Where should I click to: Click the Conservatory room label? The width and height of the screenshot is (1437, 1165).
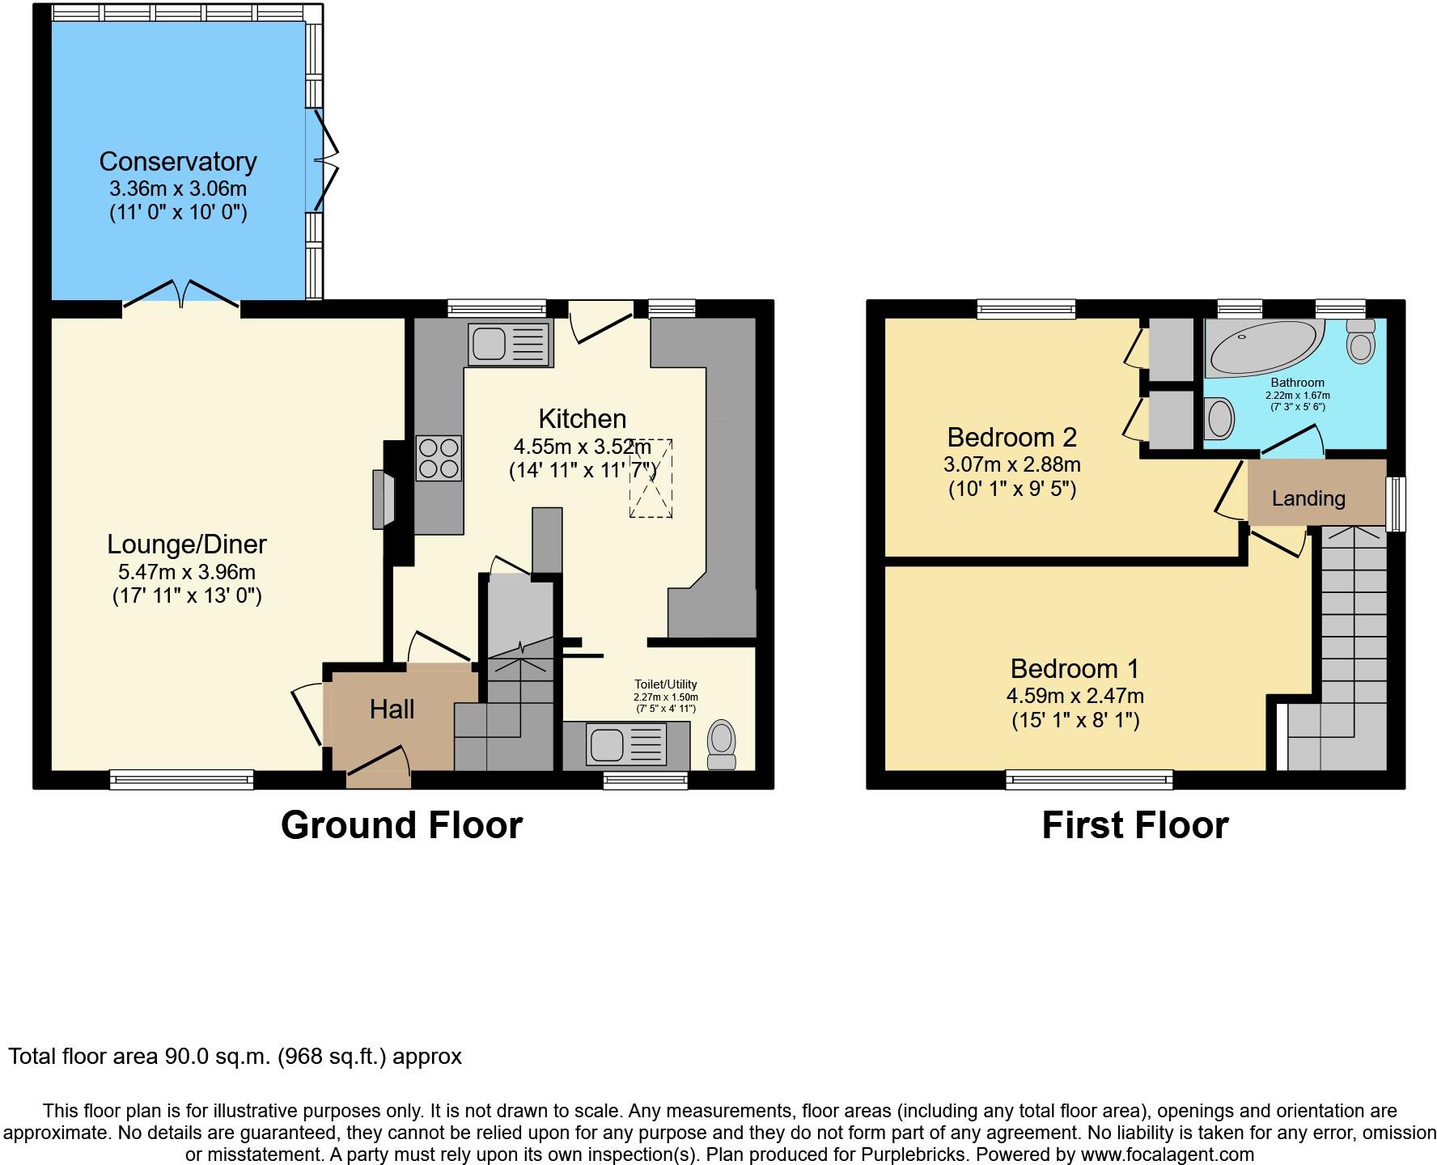[x=178, y=162]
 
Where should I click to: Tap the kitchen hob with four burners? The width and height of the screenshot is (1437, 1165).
[x=439, y=459]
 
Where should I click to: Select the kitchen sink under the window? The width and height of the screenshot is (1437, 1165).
[x=510, y=343]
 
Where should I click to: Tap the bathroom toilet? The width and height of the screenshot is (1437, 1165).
[x=1361, y=341]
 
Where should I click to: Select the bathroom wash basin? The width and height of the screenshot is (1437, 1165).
[x=1219, y=418]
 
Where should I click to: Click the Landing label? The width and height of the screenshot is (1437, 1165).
[x=1308, y=498]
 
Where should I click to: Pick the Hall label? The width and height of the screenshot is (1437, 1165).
[x=392, y=710]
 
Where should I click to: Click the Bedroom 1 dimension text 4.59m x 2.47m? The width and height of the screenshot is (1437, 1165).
[x=1075, y=695]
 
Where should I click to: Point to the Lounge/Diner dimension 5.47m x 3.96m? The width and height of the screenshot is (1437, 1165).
[x=187, y=572]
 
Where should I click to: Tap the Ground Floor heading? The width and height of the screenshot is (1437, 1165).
[x=401, y=825]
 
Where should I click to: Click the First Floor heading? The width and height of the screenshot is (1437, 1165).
[x=1134, y=825]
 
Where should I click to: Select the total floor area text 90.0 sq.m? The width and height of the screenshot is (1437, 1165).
[x=235, y=1057]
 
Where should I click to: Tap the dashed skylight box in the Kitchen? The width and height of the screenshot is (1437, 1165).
[x=651, y=478]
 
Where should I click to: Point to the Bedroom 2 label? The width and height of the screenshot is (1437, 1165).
[x=1011, y=438]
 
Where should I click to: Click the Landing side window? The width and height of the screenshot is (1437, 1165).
[x=1396, y=504]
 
